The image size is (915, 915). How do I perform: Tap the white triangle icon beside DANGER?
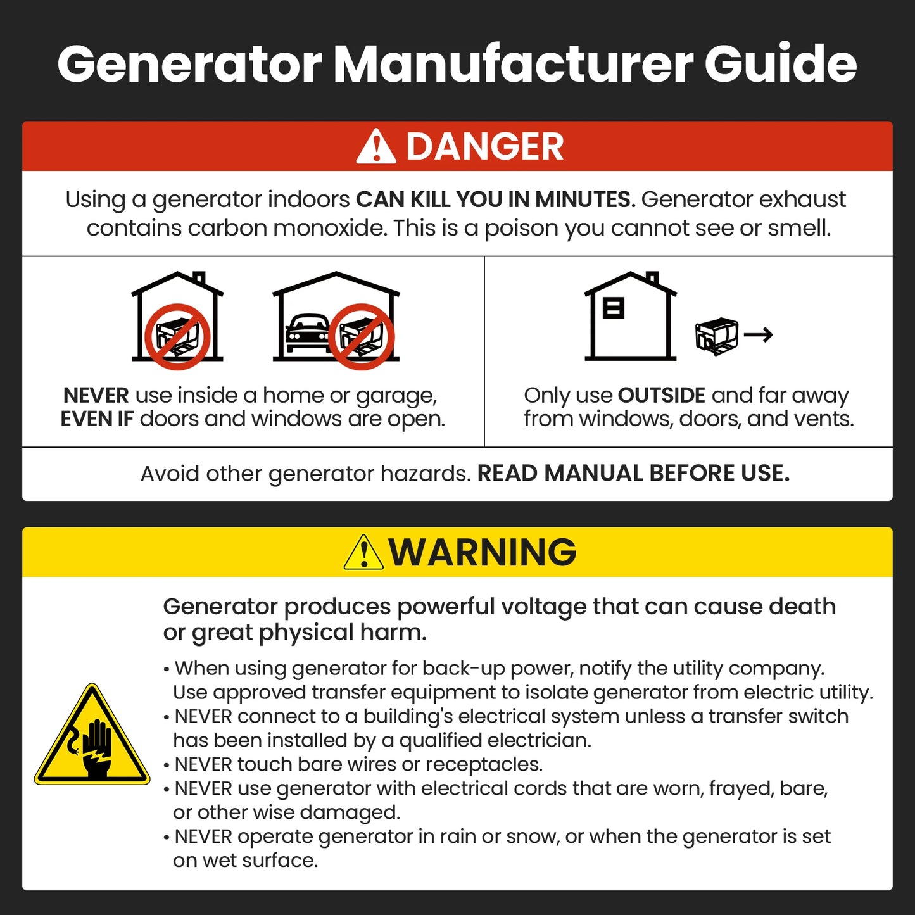375,148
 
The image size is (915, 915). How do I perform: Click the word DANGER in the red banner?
484,147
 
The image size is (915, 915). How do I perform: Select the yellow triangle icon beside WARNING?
363,553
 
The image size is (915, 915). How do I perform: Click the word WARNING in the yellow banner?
483,552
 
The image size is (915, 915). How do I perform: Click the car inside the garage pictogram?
307,332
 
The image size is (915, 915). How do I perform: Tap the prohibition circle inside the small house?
177,336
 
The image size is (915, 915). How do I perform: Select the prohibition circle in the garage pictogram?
362,336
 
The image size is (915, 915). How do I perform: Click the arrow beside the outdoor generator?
758,334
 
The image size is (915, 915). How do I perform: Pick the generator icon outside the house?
716,336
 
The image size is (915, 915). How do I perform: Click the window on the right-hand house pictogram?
613,308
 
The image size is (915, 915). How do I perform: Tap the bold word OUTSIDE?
661,395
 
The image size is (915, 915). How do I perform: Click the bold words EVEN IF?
97,419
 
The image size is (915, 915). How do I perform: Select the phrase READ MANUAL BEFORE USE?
633,474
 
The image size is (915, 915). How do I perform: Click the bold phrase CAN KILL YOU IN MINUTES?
495,199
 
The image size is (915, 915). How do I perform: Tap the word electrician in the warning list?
539,740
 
